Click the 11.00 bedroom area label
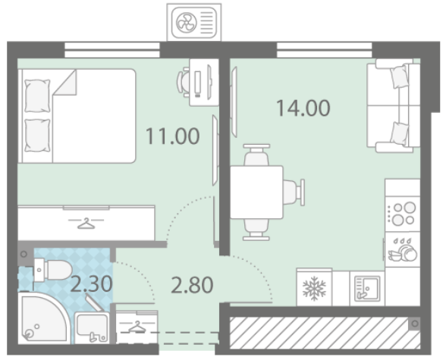pyautogui.click(x=172, y=136)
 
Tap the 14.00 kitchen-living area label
pyautogui.click(x=303, y=108)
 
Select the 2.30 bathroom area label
pyautogui.click(x=91, y=284)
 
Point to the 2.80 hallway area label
pyautogui.click(x=192, y=285)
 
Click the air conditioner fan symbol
pyautogui.click(x=186, y=23)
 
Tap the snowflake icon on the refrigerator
pyautogui.click(x=314, y=288)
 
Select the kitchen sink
pyautogui.click(x=367, y=289)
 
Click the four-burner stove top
pyautogui.click(x=403, y=214)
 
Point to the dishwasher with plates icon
pyautogui.click(x=403, y=249)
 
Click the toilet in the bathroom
pyautogui.click(x=53, y=270)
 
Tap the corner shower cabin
pyautogui.click(x=43, y=318)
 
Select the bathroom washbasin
pyautogui.click(x=92, y=327)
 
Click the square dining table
pyautogui.click(x=256, y=192)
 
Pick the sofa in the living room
pyautogui.click(x=394, y=105)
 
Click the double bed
pyautogui.click(x=77, y=116)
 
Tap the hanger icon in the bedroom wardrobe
pyautogui.click(x=86, y=224)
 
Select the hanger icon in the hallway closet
pyautogui.click(x=137, y=327)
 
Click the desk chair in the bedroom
pyautogui.click(x=184, y=82)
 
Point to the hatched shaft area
pyautogui.click(x=325, y=333)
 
